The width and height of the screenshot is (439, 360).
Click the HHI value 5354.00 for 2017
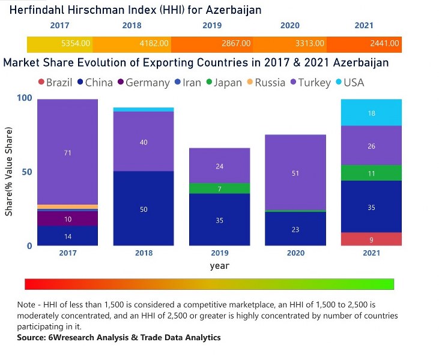[76, 44]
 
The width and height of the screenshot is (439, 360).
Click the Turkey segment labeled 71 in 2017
[67, 152]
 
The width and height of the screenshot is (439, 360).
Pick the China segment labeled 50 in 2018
[144, 209]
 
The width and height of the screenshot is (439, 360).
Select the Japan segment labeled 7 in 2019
[220, 188]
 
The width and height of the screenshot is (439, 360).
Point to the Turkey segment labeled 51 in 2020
[295, 173]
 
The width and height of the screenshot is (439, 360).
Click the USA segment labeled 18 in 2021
[372, 113]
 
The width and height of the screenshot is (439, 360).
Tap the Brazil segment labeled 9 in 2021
[372, 239]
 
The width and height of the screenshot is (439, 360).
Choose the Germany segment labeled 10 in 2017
[67, 219]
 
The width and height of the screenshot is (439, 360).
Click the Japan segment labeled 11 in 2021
[372, 173]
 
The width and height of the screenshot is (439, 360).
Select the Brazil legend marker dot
[41, 82]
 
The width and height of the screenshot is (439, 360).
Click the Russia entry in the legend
[265, 82]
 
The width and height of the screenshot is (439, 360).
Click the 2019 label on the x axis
[220, 253]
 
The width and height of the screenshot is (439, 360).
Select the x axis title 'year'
[220, 265]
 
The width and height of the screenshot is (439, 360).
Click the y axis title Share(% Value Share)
[8, 172]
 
